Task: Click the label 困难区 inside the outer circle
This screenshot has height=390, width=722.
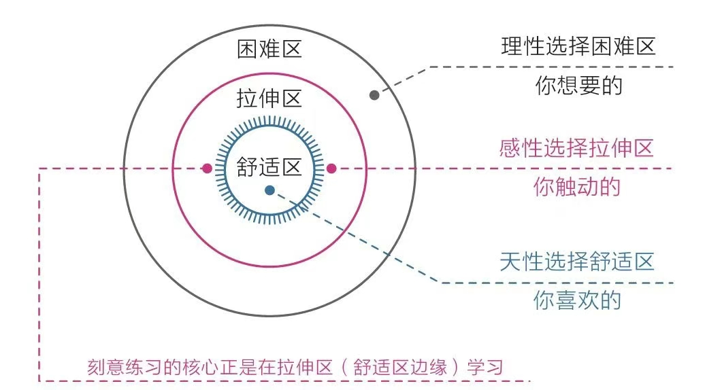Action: [x=269, y=49]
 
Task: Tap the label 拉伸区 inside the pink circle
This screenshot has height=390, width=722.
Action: [x=269, y=99]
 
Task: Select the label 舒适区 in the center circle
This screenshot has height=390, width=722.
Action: [x=269, y=166]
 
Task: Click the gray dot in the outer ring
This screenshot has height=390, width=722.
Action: [x=374, y=95]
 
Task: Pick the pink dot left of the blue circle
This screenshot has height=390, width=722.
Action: [x=207, y=169]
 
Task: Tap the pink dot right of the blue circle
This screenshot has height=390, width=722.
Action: [x=331, y=169]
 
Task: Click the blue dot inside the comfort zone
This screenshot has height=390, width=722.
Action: [x=270, y=190]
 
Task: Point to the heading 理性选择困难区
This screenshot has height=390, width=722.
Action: [x=578, y=46]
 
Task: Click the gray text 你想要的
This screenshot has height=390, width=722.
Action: [x=579, y=86]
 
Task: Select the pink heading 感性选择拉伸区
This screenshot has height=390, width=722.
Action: [x=576, y=148]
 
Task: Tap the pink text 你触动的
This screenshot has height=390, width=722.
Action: [x=577, y=187]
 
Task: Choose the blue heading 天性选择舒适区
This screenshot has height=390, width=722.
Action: [x=577, y=262]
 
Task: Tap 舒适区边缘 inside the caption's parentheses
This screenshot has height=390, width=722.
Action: [x=400, y=367]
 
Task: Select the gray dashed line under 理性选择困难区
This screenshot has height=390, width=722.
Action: [x=552, y=67]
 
